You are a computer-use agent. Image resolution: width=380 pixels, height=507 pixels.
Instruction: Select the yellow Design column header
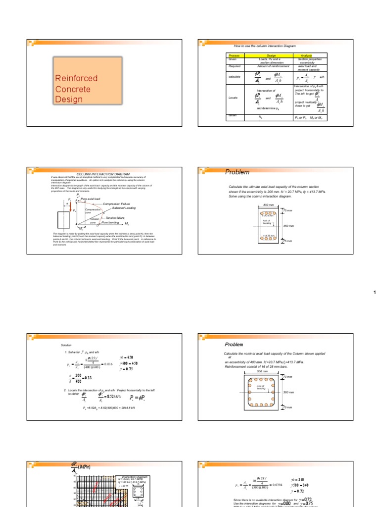point(271,55)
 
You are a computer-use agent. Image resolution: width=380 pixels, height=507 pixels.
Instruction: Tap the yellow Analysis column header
point(312,55)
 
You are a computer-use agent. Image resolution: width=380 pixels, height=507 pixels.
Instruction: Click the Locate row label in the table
point(233,98)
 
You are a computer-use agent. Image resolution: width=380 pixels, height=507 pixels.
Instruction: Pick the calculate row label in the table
point(234,77)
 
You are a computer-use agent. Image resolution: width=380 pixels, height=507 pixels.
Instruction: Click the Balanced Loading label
point(124,208)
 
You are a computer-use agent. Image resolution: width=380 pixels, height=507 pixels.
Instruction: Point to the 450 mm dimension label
point(288,225)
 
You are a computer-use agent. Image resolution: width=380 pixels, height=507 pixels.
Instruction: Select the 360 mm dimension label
point(289,392)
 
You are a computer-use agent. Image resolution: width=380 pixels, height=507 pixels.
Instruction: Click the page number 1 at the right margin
point(375,293)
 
